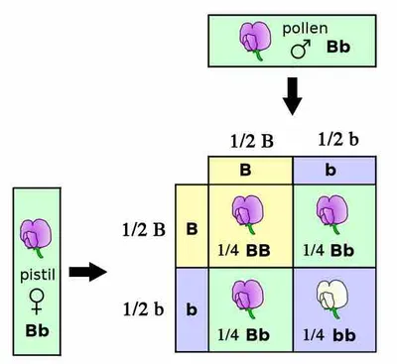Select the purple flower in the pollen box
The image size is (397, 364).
point(252,39)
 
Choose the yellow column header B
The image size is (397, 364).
point(249,169)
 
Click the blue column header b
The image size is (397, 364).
point(334,169)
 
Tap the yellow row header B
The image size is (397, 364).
point(191,229)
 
